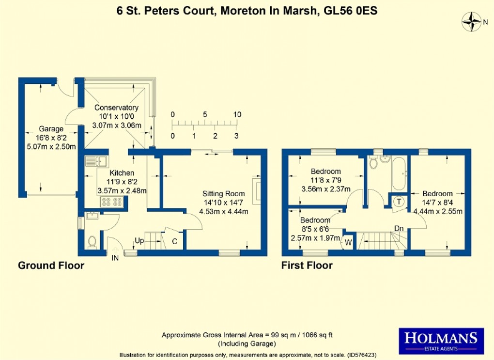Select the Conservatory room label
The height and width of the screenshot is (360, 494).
(x=116, y=108)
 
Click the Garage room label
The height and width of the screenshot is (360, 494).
(x=51, y=129)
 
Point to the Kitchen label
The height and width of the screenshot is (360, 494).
(x=122, y=173)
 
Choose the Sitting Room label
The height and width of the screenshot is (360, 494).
(x=223, y=193)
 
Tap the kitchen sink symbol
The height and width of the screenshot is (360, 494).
(x=98, y=160)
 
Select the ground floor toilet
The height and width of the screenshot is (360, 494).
(x=92, y=241)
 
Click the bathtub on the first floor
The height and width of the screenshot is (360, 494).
(x=400, y=173)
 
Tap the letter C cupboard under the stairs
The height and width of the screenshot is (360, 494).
(x=175, y=240)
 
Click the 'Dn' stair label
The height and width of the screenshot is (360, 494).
(x=399, y=228)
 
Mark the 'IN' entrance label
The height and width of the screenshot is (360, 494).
(x=115, y=258)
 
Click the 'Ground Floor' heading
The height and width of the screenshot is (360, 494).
(x=51, y=266)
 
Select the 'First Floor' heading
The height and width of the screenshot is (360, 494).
(x=307, y=266)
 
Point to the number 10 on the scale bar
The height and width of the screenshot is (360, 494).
(x=237, y=115)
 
